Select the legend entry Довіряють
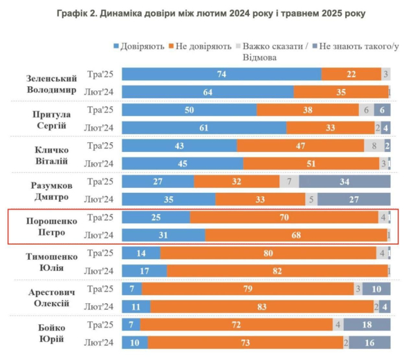[x=139, y=46]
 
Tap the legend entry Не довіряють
[x=201, y=46]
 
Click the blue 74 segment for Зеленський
[x=221, y=74]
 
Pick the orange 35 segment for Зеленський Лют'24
[x=340, y=92]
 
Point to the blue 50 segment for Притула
[x=189, y=110]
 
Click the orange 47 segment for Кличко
[x=301, y=146]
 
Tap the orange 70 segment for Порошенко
[x=284, y=218]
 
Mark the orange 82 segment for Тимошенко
[x=277, y=271]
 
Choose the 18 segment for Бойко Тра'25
[x=367, y=325]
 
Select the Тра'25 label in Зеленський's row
[x=101, y=74]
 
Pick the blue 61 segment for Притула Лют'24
[x=204, y=128]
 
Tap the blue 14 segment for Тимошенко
[x=141, y=253]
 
